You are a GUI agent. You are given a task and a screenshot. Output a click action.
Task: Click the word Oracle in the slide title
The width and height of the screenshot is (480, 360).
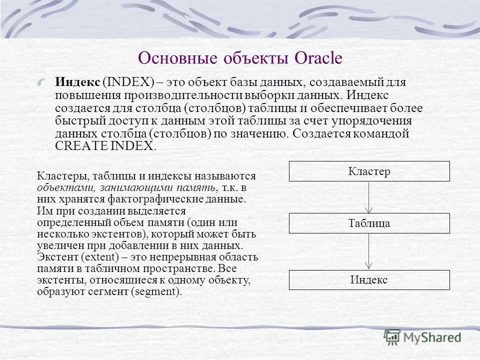318,58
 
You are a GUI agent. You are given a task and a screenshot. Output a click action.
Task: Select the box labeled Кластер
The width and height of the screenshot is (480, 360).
369,171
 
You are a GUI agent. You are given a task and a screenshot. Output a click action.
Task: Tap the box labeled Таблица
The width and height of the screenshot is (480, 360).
369,223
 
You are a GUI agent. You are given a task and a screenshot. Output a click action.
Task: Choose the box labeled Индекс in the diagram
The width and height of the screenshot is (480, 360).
369,280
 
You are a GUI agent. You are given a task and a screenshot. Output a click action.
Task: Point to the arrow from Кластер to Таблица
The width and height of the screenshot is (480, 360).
369,197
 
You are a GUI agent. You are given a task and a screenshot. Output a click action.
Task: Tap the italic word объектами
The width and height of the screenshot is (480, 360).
59,187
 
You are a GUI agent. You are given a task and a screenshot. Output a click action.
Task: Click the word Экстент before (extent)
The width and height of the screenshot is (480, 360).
54,257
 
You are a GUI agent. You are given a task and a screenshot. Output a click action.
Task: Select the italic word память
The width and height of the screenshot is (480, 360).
196,187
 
